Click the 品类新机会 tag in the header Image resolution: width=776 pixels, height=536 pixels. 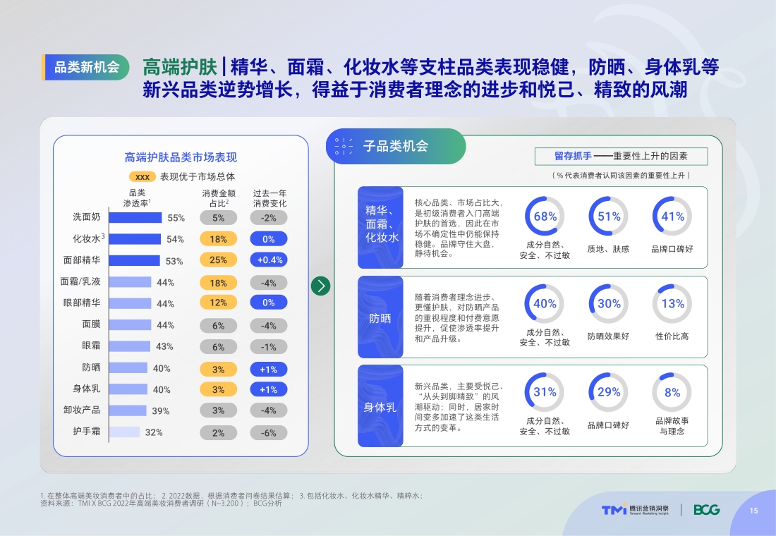pyautogui.click(x=86, y=68)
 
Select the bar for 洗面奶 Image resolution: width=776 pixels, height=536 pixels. pyautogui.click(x=135, y=218)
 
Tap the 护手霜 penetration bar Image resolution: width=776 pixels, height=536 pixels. pyautogui.click(x=124, y=432)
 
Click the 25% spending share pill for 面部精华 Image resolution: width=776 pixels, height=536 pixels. pyautogui.click(x=218, y=260)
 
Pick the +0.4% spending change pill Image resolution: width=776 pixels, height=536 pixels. pyautogui.click(x=269, y=260)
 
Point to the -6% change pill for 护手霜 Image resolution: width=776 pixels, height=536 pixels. pyautogui.click(x=269, y=432)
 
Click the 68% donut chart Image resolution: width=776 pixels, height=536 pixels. pyautogui.click(x=545, y=217)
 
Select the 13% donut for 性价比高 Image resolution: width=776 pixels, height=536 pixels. pyautogui.click(x=672, y=304)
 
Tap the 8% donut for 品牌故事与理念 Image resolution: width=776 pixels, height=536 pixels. pyautogui.click(x=672, y=392)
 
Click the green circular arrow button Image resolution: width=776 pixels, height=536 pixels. pyautogui.click(x=320, y=286)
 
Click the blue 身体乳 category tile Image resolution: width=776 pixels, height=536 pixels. pyautogui.click(x=380, y=406)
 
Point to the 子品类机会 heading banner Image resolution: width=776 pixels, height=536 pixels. pyautogui.click(x=396, y=146)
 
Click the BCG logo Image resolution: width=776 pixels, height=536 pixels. pyautogui.click(x=706, y=510)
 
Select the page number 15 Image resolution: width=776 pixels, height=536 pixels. pyautogui.click(x=753, y=511)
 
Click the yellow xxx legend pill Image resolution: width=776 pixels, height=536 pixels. pyautogui.click(x=143, y=177)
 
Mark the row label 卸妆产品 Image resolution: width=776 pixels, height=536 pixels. pyautogui.click(x=82, y=410)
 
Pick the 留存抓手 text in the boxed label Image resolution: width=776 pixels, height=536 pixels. pyautogui.click(x=572, y=157)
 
